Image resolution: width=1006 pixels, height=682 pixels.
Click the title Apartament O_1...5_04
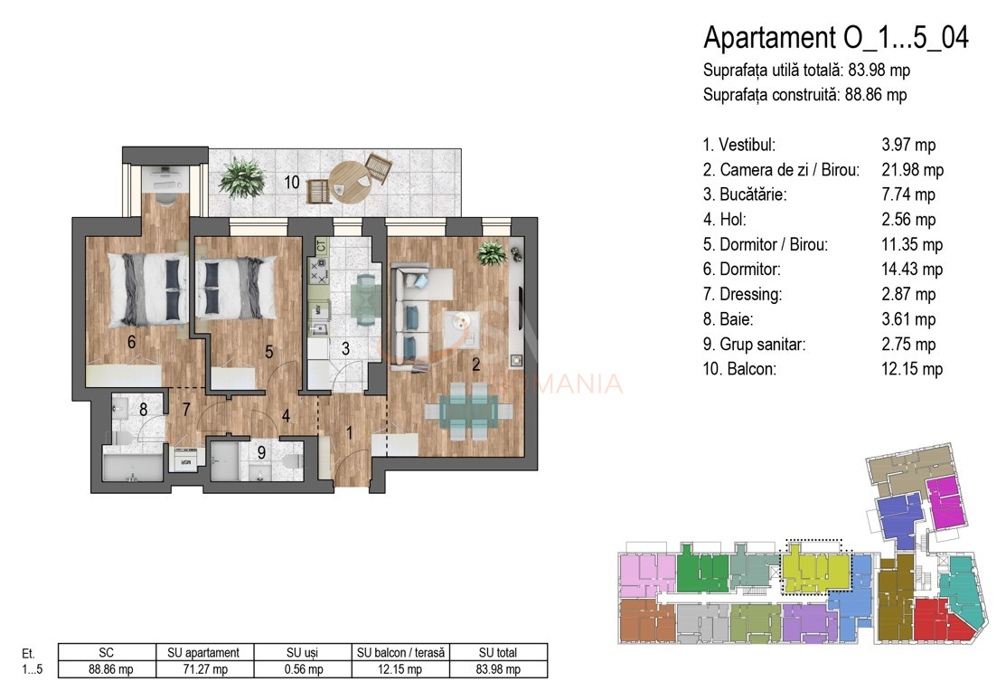point(835,38)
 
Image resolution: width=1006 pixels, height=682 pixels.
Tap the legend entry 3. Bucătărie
point(743,194)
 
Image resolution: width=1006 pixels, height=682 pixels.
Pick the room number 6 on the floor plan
point(132,342)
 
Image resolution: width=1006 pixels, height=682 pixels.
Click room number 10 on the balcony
point(291,182)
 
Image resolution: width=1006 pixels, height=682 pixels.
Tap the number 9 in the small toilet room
point(260,453)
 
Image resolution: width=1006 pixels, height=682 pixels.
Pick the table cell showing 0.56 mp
point(304,669)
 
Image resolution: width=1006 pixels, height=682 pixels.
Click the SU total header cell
point(499,652)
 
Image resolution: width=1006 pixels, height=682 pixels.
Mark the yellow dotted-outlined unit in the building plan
point(815,570)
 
